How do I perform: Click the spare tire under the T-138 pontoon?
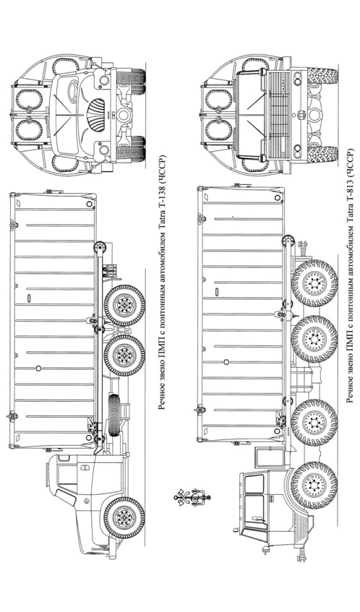click(x=114, y=415)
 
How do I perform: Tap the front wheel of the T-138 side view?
click(x=124, y=517)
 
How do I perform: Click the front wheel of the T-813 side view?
click(x=314, y=485)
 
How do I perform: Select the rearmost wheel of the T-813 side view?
click(x=314, y=283)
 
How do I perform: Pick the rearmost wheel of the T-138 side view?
click(x=124, y=306)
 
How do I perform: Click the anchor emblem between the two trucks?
click(x=192, y=498)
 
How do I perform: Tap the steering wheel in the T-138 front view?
click(x=72, y=92)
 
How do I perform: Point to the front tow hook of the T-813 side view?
click(x=301, y=554)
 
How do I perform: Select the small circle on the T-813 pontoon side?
click(x=226, y=362)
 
